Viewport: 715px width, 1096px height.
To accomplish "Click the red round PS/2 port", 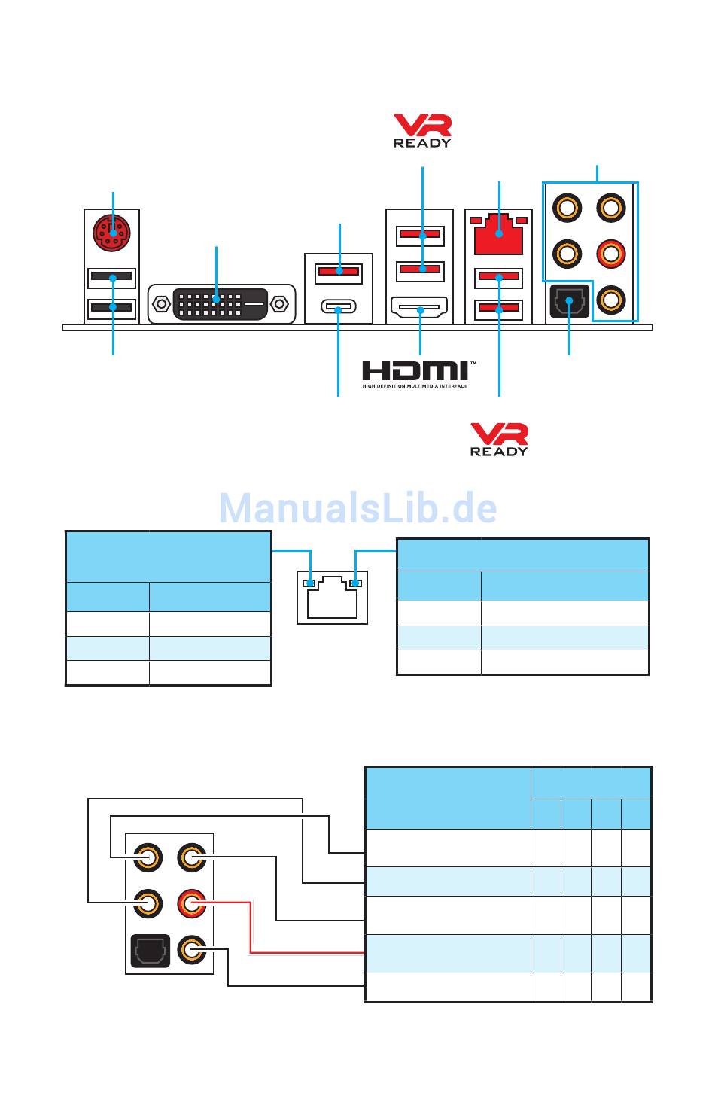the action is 111,233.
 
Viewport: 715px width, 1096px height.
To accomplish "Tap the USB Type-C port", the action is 339,307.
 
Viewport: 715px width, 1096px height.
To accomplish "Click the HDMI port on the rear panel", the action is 419,308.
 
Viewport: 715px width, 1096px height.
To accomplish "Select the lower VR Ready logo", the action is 499,439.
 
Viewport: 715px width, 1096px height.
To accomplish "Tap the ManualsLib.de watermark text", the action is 357,509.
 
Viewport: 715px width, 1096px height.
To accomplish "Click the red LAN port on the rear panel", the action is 499,234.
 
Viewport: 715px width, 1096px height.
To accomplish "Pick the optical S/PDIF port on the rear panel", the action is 569,303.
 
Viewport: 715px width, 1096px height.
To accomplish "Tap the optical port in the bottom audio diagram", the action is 148,950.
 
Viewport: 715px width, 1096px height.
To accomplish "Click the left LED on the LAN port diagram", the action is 309,583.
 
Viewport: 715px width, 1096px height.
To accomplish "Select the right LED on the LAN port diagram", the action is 356,583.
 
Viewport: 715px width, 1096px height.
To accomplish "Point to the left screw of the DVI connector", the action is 160,304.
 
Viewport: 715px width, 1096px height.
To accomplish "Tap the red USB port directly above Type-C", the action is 339,270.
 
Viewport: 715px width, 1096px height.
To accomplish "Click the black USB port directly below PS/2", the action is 111,276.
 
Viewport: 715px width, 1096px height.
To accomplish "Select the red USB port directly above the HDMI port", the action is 419,268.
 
